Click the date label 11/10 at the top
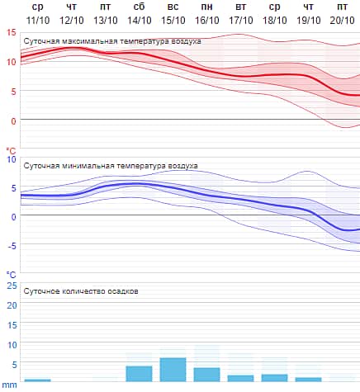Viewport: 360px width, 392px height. click(x=37, y=19)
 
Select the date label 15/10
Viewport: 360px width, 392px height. click(x=173, y=19)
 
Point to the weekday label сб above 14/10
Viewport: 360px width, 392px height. click(x=140, y=7)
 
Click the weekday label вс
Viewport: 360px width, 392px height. click(x=173, y=7)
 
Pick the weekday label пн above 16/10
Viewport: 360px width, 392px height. click(x=206, y=7)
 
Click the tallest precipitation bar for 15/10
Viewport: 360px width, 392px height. click(x=173, y=370)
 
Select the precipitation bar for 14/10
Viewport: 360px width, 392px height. click(x=139, y=373)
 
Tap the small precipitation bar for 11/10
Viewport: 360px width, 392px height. click(x=37, y=380)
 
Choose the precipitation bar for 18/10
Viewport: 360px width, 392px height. click(x=274, y=377)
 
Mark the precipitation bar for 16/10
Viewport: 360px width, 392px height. click(x=206, y=374)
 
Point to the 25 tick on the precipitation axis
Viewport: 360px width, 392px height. click(x=12, y=286)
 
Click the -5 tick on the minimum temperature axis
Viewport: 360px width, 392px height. click(x=11, y=245)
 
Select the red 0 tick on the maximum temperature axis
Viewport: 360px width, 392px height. click(x=12, y=120)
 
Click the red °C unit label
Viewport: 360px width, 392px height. click(x=11, y=150)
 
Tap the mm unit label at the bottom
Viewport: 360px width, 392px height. click(x=10, y=385)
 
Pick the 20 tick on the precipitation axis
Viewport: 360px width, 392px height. click(x=12, y=305)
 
